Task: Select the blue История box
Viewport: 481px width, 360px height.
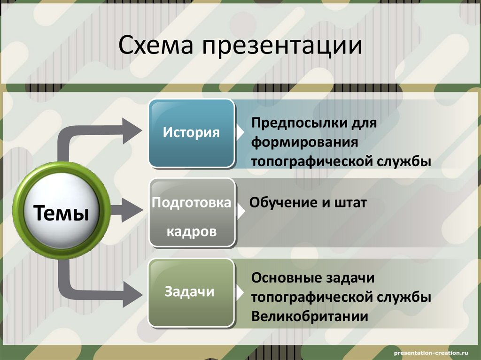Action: click(192, 133)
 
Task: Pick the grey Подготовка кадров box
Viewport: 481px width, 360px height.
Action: click(192, 213)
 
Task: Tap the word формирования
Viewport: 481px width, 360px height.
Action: click(305, 142)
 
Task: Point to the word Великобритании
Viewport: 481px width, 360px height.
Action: click(310, 316)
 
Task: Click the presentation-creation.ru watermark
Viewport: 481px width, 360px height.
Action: click(431, 351)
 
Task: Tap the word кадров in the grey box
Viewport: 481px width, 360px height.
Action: click(192, 232)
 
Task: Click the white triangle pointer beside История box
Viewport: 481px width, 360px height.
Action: click(240, 132)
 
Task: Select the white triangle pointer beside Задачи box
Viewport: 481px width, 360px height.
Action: click(240, 292)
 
